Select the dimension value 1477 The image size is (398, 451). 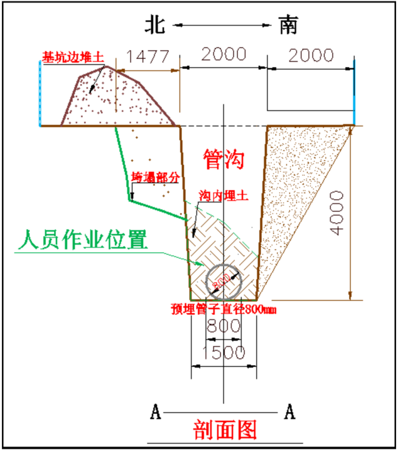pos(147,56)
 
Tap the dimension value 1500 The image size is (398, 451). pos(224,352)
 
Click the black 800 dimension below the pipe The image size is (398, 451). pos(224,327)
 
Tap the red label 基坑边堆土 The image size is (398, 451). pos(72,58)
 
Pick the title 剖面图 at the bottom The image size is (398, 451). pos(225,430)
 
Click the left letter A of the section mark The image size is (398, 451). pos(156,412)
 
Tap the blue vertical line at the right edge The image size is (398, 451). pos(354,92)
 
